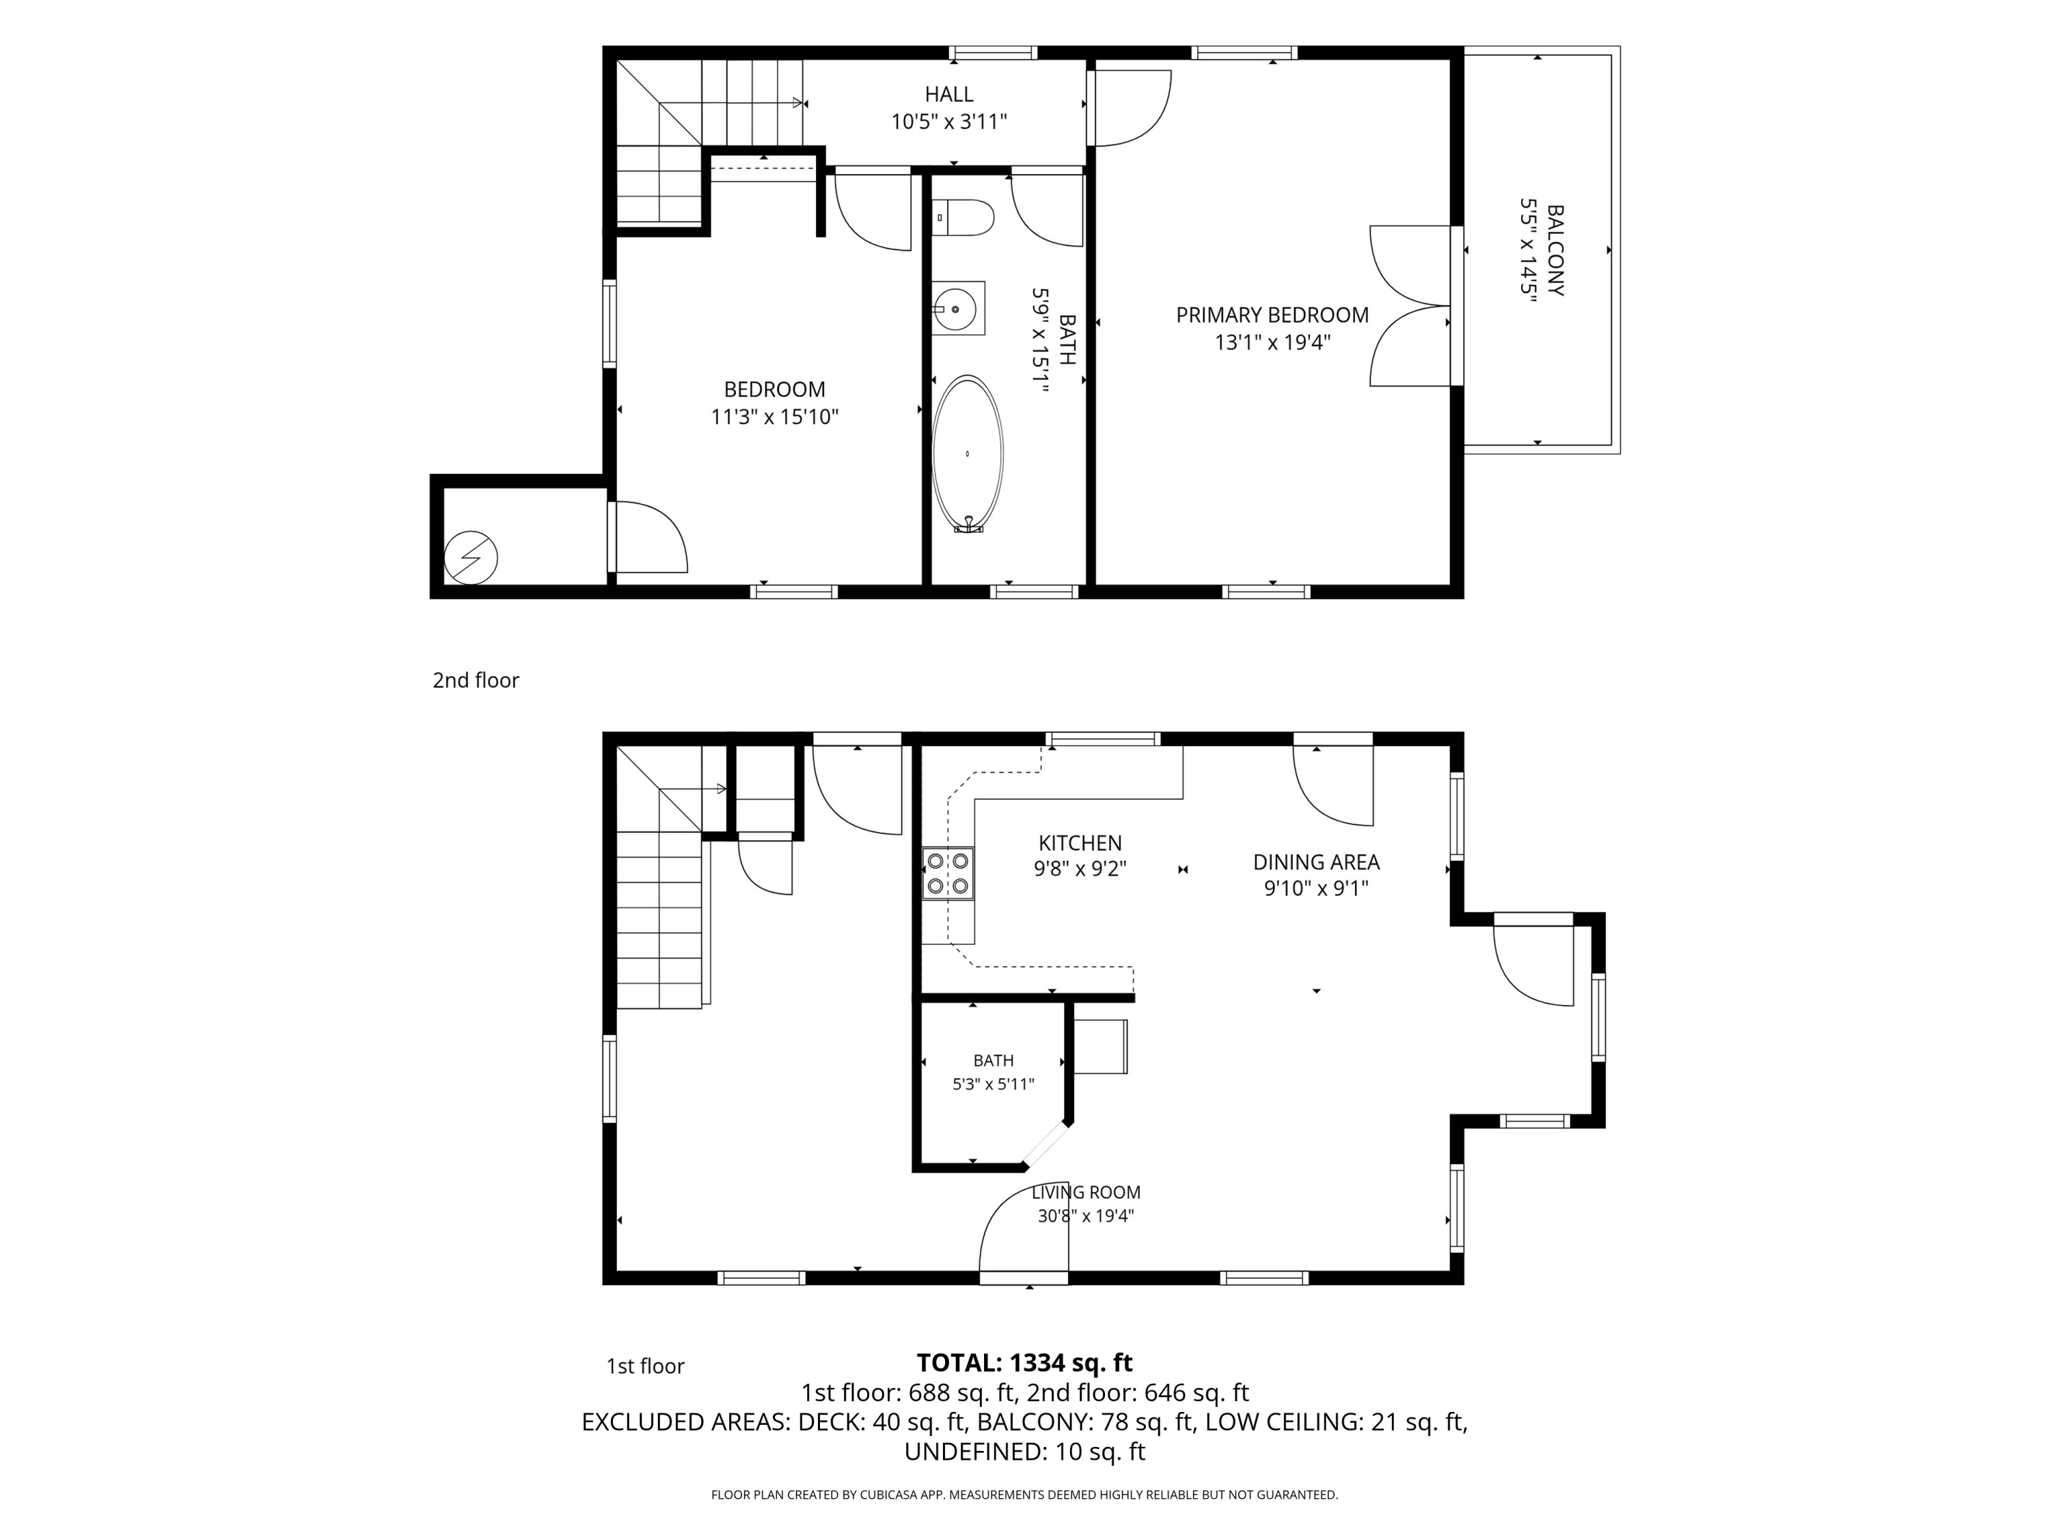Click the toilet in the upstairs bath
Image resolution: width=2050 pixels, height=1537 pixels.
point(963,219)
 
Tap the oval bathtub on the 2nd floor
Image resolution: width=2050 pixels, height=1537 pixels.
point(968,454)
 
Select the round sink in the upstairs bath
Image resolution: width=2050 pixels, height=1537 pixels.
point(955,309)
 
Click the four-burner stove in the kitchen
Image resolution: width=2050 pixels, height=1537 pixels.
point(948,873)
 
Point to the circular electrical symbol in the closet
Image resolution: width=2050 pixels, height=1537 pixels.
point(471,557)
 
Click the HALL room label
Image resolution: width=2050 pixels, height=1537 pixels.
point(949,94)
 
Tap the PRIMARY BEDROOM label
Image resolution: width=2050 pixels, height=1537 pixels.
point(1272,315)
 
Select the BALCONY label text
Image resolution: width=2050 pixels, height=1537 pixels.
point(1556,250)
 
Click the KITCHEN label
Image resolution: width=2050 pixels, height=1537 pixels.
point(1080,843)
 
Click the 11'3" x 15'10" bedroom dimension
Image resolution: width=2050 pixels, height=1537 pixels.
point(775,417)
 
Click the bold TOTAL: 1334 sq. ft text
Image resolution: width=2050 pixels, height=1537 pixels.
point(1024,1363)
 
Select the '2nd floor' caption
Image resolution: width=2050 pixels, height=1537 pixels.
point(476,680)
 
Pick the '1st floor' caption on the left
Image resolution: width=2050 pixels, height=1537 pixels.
point(645,1366)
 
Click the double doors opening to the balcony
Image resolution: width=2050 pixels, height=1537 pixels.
point(1410,306)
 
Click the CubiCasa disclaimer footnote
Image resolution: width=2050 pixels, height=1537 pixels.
point(1024,1495)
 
